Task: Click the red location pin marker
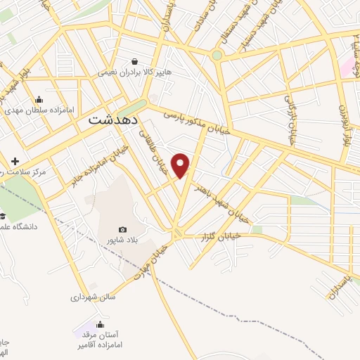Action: click(x=181, y=165)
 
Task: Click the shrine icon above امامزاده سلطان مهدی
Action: click(x=39, y=99)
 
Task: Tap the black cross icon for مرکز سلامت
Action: click(x=15, y=161)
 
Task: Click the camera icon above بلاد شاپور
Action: click(x=123, y=229)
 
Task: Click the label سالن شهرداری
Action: click(x=93, y=297)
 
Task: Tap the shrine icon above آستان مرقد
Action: click(x=100, y=324)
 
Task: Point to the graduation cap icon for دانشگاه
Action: click(x=2, y=216)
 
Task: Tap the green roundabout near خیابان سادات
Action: click(x=217, y=56)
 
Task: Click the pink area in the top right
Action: click(x=348, y=66)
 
